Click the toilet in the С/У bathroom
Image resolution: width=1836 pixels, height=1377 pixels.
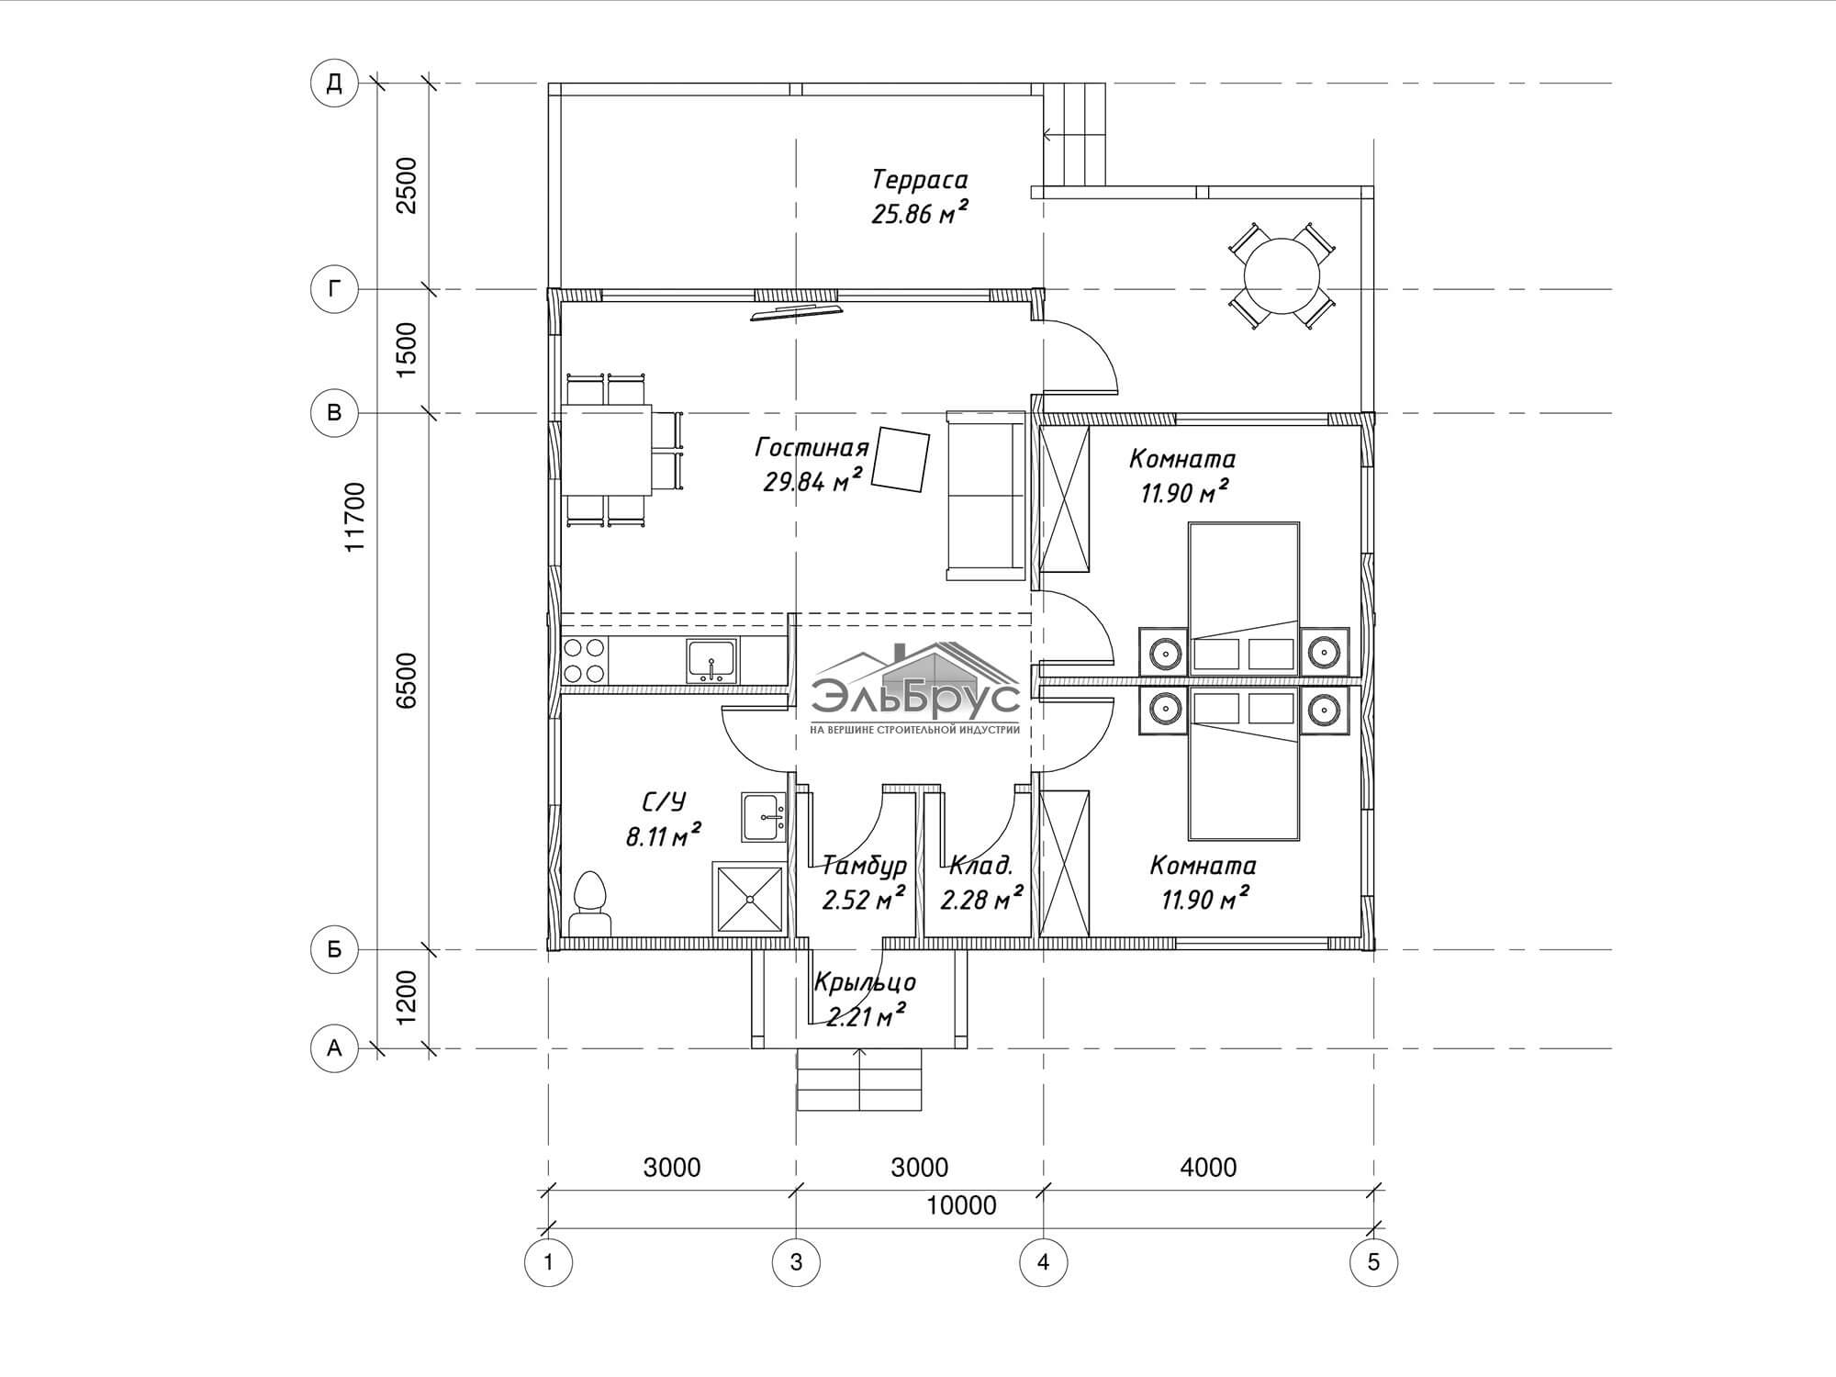point(590,904)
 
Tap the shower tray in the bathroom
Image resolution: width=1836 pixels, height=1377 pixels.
point(750,899)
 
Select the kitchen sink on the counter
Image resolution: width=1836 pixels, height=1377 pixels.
point(711,661)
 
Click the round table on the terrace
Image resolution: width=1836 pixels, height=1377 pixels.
point(1282,275)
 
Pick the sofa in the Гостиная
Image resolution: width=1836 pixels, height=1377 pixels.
point(986,496)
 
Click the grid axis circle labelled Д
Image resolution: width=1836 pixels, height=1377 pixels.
point(334,84)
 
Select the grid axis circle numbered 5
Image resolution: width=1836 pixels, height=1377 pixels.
point(1373,1262)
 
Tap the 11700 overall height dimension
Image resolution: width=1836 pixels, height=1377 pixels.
point(355,517)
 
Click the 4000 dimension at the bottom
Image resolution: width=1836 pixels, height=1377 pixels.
point(1208,1168)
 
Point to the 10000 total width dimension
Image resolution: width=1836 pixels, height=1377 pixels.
point(961,1205)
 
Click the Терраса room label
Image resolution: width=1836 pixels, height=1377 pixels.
point(920,179)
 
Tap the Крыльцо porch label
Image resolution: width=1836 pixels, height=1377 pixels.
point(865,982)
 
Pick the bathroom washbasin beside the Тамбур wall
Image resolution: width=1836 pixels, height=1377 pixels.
point(764,817)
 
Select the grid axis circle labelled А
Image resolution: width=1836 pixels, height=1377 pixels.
point(334,1047)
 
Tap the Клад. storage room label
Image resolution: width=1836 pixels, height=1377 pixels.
point(981,865)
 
